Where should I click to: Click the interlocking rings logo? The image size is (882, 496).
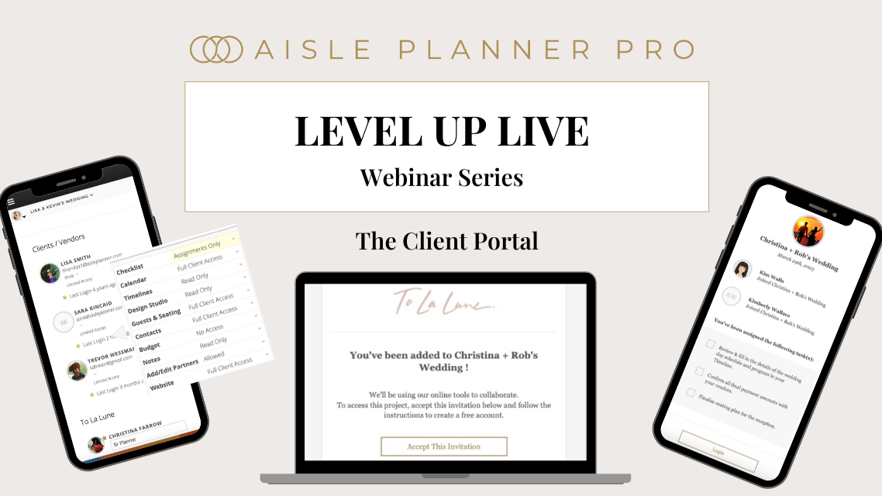point(216,49)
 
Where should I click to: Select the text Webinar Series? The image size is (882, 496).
point(441,177)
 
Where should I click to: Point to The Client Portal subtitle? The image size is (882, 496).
point(446,241)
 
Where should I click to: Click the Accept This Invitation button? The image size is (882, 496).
point(443,446)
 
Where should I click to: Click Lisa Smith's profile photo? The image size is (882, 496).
point(50,273)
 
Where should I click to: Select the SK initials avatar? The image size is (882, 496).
point(63,322)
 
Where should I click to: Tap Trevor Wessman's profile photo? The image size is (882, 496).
point(78,370)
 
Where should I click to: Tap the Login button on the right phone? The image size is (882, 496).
point(718,450)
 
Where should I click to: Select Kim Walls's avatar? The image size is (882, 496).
point(742,269)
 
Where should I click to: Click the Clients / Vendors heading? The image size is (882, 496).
point(59,243)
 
